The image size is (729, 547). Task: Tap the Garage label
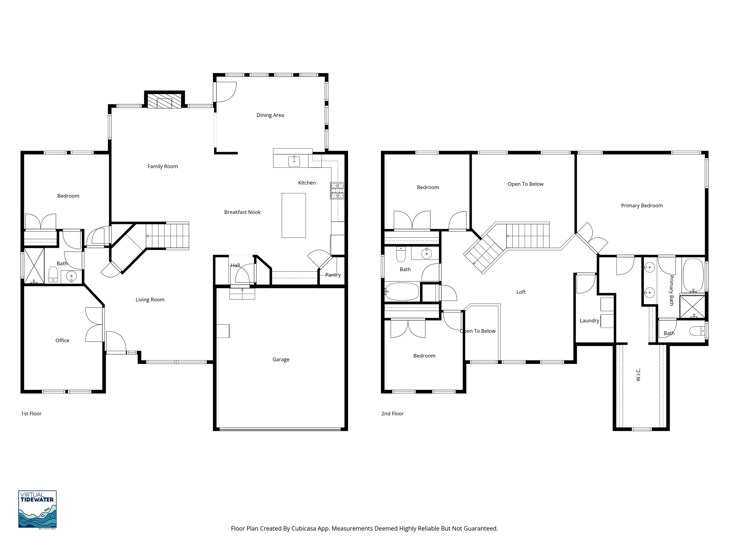[x=281, y=359]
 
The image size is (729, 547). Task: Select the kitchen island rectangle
[x=294, y=215]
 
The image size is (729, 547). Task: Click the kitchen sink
[x=294, y=161]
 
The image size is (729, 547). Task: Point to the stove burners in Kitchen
[x=337, y=191]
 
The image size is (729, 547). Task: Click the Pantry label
[x=333, y=275]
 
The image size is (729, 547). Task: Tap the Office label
[x=62, y=340]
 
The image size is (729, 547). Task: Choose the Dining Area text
[x=270, y=115]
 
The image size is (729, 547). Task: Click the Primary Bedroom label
[x=641, y=205]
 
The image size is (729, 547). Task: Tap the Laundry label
[x=589, y=321]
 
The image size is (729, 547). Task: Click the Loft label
[x=521, y=292]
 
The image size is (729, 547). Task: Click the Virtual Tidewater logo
[x=37, y=509]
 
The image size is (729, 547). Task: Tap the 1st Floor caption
[x=31, y=413]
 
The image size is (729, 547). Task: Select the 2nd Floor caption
[x=392, y=413]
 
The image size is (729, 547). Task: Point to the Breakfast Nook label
[x=242, y=212]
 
